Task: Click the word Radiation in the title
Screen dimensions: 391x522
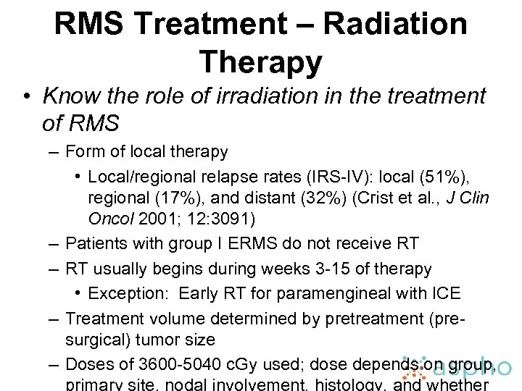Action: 394,24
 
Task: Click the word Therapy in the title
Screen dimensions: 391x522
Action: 260,62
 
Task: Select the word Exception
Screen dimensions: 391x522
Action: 130,293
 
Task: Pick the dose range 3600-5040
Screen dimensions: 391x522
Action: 159,365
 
